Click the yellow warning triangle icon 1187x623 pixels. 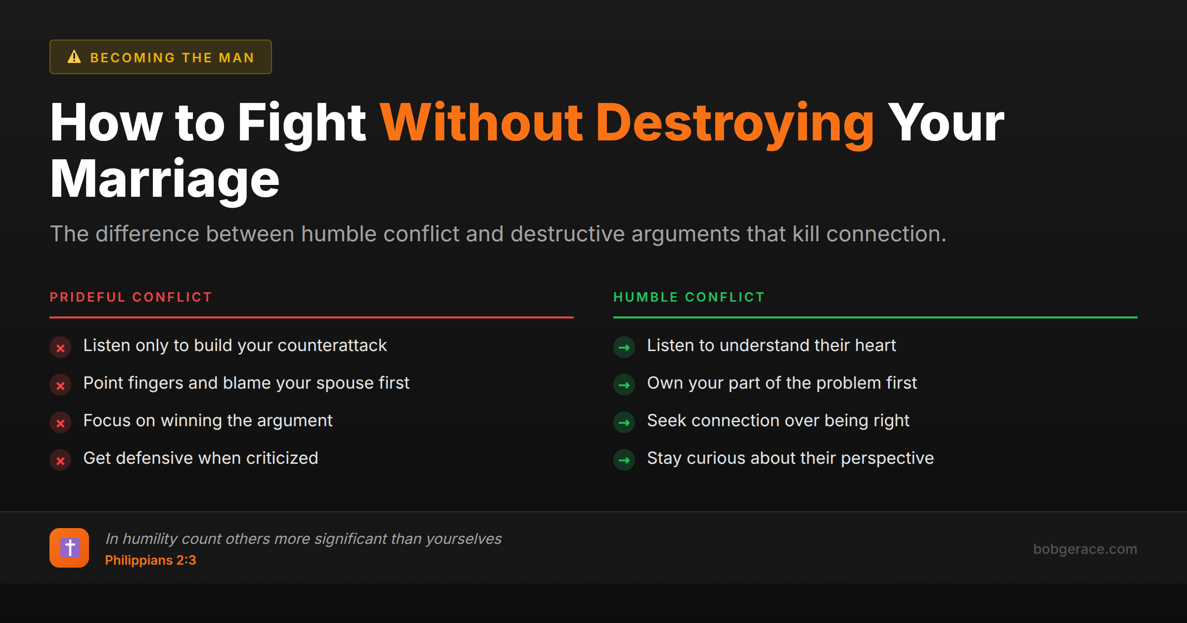pos(74,57)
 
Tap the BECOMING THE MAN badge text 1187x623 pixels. pos(172,58)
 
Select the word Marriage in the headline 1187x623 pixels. pos(165,179)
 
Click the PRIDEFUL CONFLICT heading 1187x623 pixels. pos(131,297)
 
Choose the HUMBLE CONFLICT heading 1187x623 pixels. pos(689,297)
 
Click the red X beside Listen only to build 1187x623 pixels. pos(60,348)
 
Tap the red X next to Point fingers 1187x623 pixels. pos(60,385)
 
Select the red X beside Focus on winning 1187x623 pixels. pos(60,423)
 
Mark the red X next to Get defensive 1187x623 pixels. pos(60,460)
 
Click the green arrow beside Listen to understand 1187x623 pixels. pos(624,348)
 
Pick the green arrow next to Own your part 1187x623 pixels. pos(624,385)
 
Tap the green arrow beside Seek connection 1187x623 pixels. pos(624,423)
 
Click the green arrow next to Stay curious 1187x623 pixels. pos(624,460)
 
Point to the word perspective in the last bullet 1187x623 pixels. pos(887,458)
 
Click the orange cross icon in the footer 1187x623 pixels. pos(69,548)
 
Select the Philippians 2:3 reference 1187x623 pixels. pos(150,560)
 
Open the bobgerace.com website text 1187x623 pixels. pos(1085,549)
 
